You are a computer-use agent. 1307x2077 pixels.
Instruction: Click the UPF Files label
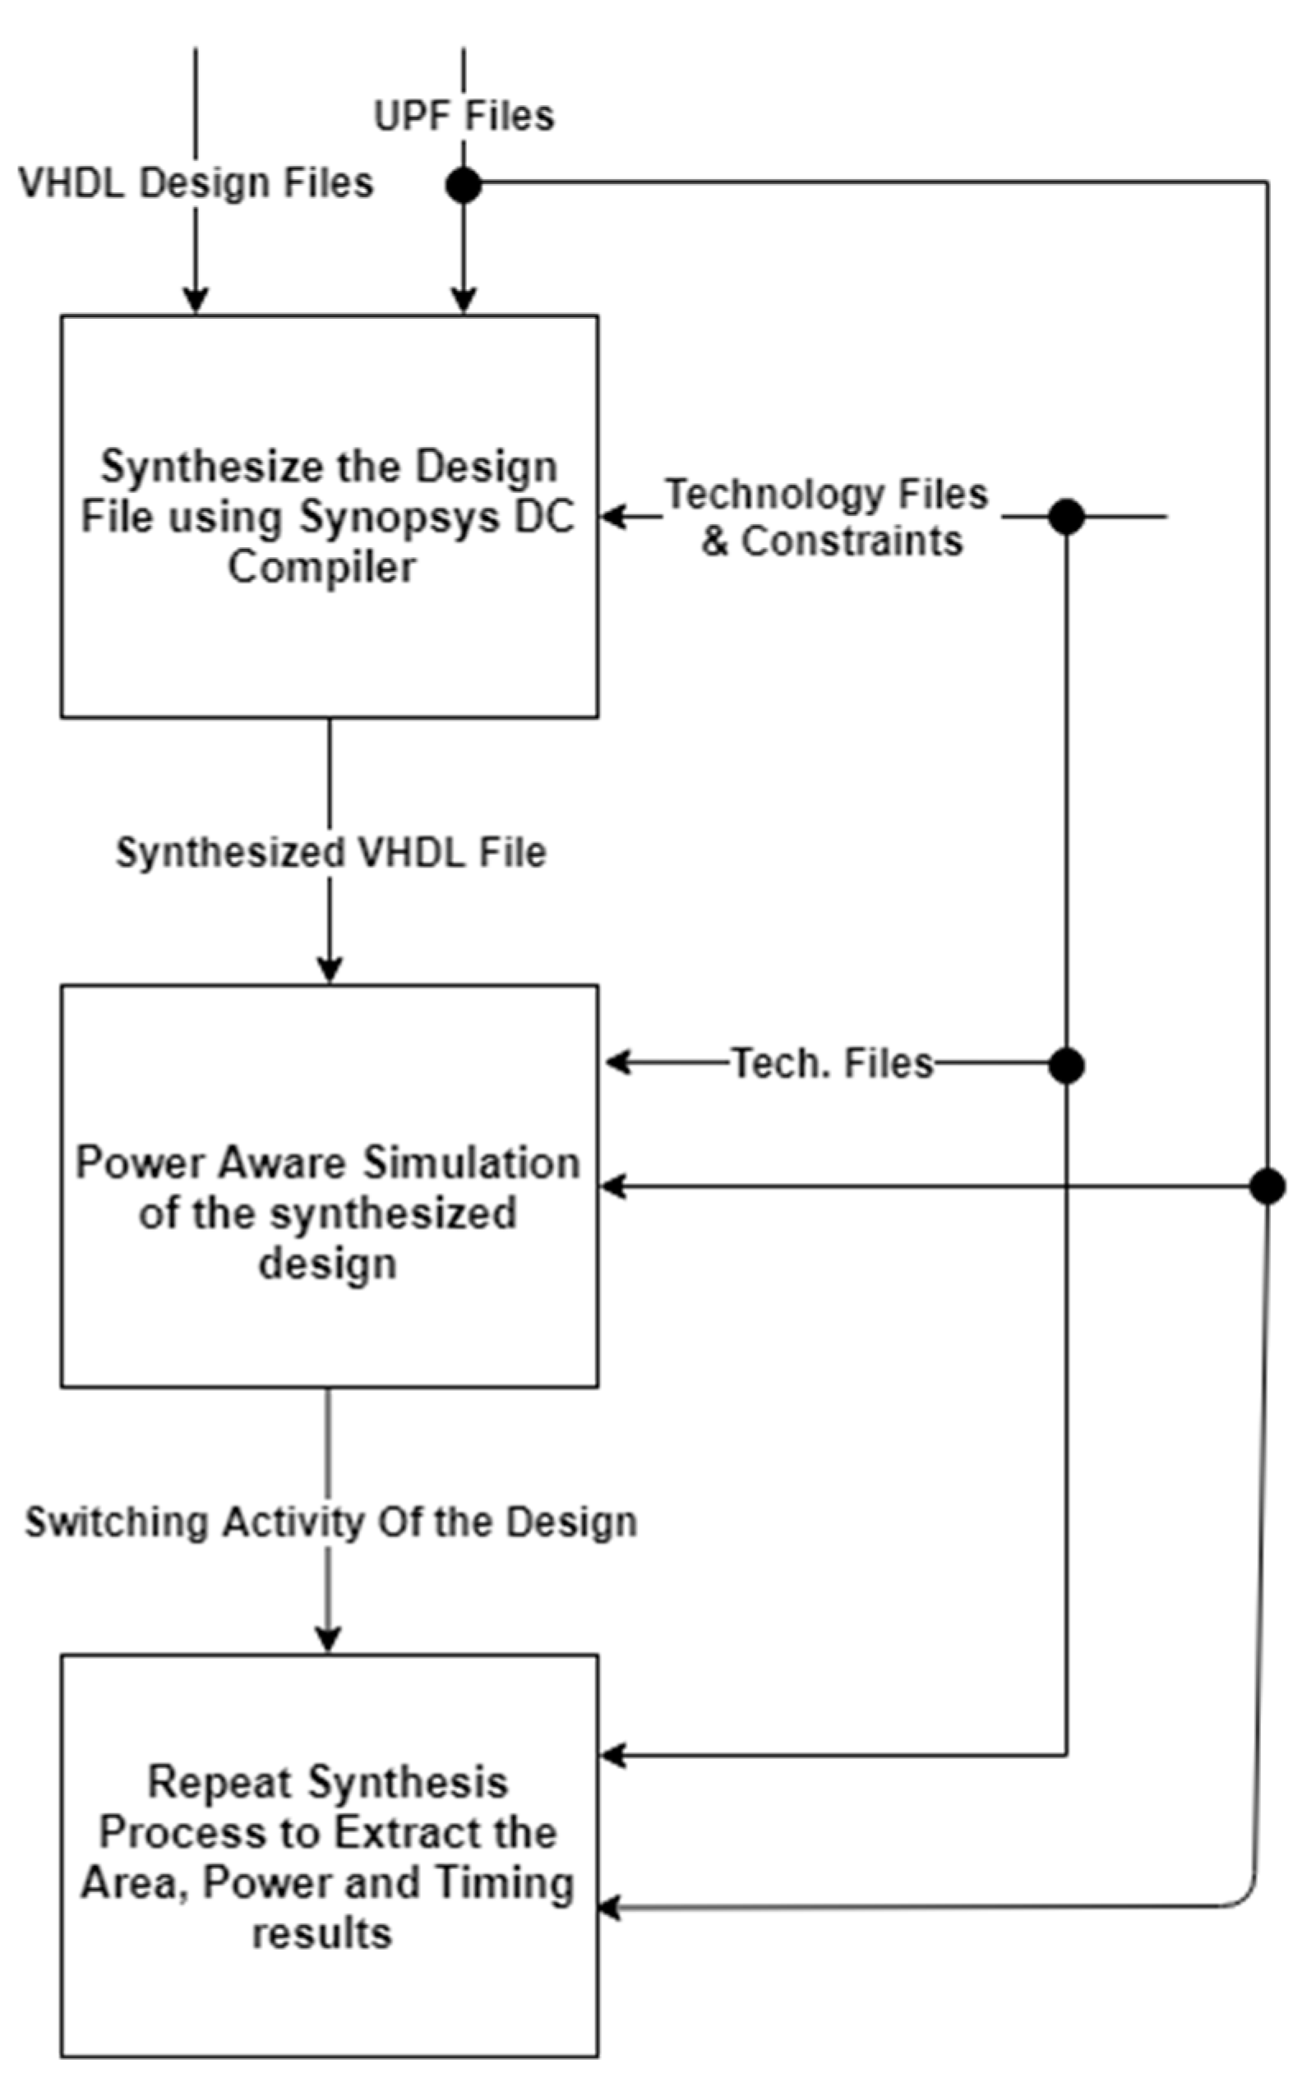point(464,116)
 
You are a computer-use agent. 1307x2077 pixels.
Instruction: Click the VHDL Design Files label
point(196,183)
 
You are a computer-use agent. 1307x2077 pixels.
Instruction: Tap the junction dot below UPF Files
point(464,185)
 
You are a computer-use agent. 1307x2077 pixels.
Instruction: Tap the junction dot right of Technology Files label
point(1065,517)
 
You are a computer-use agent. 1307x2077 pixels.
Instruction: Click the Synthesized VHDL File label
point(330,852)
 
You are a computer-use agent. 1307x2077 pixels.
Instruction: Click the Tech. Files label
point(833,1062)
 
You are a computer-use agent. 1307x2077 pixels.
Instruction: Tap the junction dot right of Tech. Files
point(1065,1066)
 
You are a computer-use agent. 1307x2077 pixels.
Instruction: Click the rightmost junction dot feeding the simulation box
point(1267,1186)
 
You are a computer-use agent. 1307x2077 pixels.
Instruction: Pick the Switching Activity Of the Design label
point(330,1522)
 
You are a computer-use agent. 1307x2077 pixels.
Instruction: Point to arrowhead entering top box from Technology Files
point(612,517)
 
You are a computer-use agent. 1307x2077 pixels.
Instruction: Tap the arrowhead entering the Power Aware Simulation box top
point(330,971)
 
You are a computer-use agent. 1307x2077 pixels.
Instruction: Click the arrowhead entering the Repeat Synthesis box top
point(328,1639)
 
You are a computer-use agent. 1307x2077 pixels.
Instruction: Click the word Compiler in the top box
point(321,568)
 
